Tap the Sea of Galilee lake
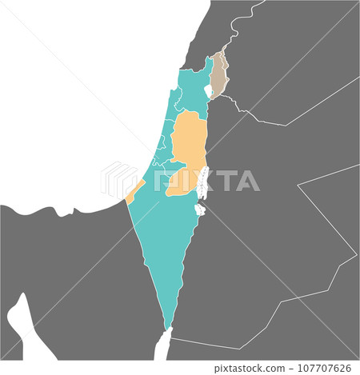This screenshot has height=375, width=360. click(x=209, y=92)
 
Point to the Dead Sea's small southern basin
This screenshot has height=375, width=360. click(x=199, y=211)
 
